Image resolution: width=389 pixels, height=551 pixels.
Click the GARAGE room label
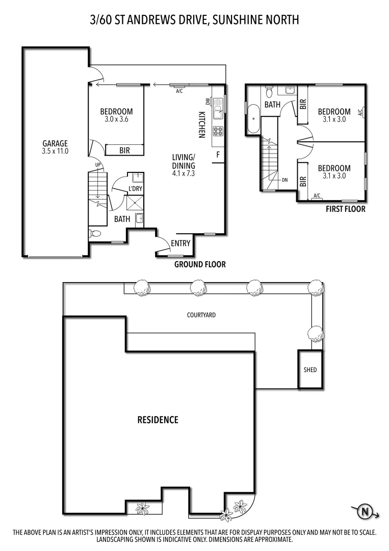(x=55, y=143)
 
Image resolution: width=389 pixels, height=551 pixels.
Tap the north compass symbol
(x=365, y=511)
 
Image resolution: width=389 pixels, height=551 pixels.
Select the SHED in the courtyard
(x=310, y=370)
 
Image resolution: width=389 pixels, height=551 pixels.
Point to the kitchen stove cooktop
(x=218, y=132)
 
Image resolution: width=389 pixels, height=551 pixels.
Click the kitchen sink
(x=218, y=107)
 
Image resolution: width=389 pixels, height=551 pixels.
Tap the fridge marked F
(x=218, y=155)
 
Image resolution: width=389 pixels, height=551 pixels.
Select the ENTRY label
(x=180, y=243)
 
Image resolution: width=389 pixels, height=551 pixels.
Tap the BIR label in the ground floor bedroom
(x=124, y=151)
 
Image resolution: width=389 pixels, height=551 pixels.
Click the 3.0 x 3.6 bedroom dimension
(x=116, y=120)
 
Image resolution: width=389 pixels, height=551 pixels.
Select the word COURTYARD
(x=201, y=315)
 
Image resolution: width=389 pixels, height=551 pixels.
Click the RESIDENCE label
(x=158, y=420)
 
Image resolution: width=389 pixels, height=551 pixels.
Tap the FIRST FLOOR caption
(x=346, y=209)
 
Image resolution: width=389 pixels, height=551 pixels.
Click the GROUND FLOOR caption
(x=200, y=264)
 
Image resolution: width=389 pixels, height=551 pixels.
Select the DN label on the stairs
(x=285, y=180)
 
